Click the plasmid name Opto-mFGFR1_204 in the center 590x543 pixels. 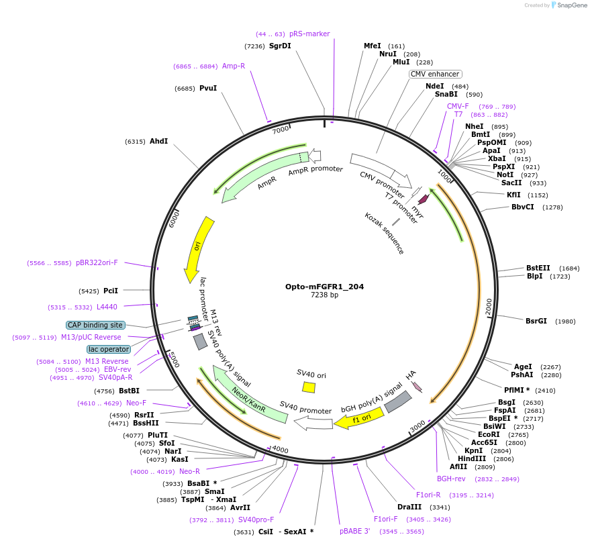[x=324, y=287]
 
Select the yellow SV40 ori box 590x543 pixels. [x=309, y=387]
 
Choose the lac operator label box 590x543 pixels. [x=108, y=349]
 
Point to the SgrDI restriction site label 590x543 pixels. [x=280, y=46]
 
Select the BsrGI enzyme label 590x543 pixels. [x=536, y=321]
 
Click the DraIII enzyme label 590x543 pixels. [x=409, y=507]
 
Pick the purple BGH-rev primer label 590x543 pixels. [x=451, y=479]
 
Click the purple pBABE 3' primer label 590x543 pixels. [x=354, y=532]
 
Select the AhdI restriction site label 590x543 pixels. [x=158, y=141]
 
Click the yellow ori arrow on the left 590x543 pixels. [x=199, y=248]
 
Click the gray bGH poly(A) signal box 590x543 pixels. [x=397, y=402]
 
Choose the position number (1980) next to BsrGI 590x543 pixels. [x=565, y=321]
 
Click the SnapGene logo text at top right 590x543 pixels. [x=571, y=5]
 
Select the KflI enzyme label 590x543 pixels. [x=513, y=195]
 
